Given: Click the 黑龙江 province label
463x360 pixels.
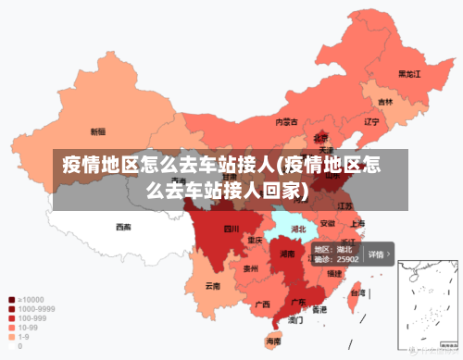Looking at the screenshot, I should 409,73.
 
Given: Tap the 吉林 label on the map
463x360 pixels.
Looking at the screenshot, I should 385,101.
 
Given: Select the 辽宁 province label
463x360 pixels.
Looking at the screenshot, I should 372,121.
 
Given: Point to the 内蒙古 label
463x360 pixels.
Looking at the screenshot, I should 287,121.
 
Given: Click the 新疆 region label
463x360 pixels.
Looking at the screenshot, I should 97,131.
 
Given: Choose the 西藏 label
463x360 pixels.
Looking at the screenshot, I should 123,226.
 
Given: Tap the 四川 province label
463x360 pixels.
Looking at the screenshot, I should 231,228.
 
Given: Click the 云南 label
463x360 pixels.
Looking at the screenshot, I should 213,286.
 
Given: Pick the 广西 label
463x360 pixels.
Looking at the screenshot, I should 263,304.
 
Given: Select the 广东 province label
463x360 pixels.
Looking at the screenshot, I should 299,302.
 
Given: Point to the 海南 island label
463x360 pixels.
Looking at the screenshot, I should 273,341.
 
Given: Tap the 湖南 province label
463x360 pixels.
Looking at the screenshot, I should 288,253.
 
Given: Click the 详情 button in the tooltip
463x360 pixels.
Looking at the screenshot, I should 377,254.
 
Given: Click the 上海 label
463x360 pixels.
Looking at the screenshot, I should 357,223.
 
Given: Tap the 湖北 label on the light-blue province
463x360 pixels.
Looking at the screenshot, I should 299,228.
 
